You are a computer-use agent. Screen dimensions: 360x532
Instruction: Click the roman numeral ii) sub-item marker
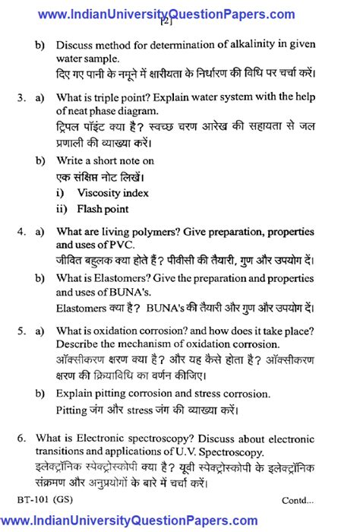click(64, 208)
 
